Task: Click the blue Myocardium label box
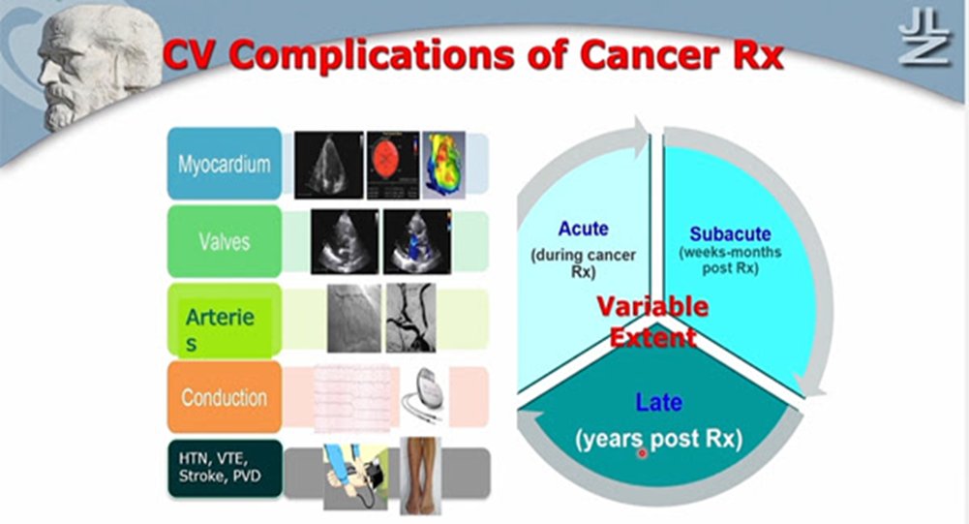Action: (x=225, y=164)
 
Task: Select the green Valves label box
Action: (x=225, y=241)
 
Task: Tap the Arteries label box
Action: (x=225, y=321)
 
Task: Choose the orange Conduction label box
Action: (x=225, y=397)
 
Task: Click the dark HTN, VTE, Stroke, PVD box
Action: (x=225, y=469)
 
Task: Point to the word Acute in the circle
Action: (x=583, y=229)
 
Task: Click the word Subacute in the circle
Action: (x=730, y=233)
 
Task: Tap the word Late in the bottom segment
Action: (x=659, y=403)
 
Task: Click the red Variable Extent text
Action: (x=652, y=322)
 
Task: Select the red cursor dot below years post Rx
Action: (x=642, y=453)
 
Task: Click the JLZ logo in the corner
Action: (x=924, y=39)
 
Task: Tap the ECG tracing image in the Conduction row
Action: (x=353, y=398)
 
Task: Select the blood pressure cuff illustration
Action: (x=355, y=477)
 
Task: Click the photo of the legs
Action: (x=420, y=476)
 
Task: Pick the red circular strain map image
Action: (x=393, y=165)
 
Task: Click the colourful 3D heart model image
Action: (x=444, y=165)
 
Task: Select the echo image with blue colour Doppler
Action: (x=417, y=241)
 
